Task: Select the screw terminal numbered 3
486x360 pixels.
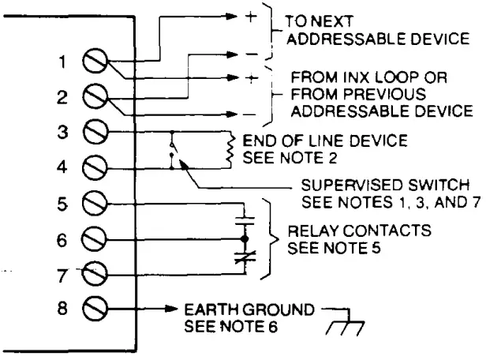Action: pos(97,132)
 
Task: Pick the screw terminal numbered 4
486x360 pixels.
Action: pos(97,167)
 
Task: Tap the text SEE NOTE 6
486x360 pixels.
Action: pos(223,324)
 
